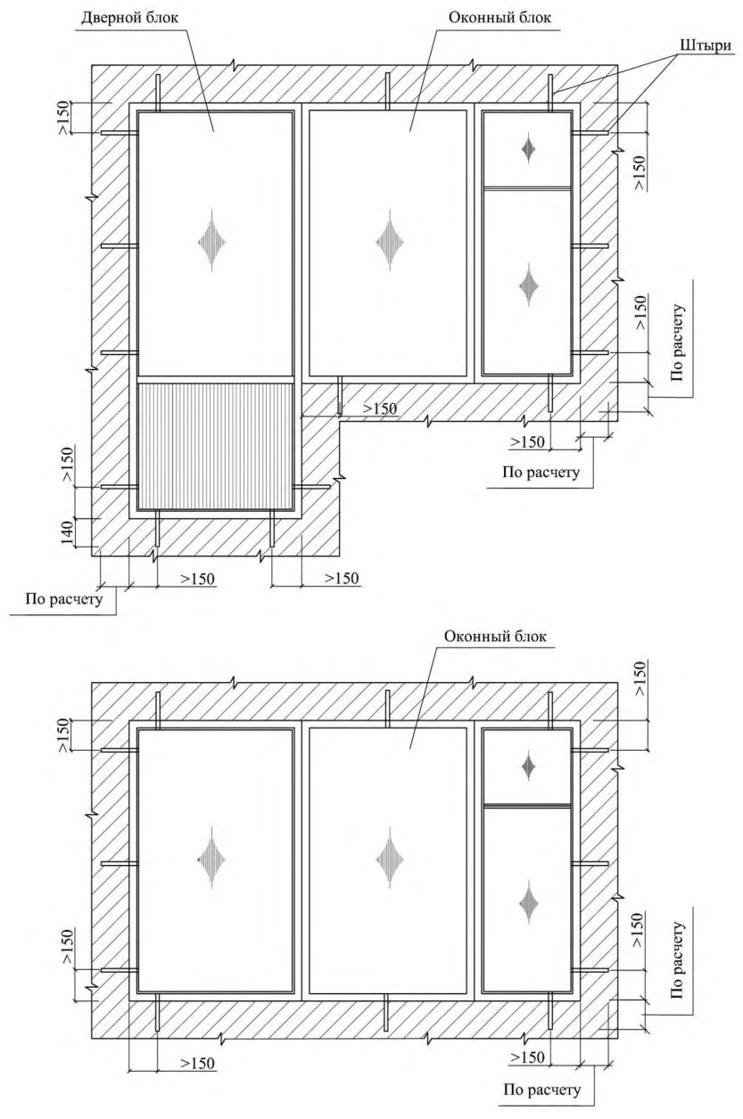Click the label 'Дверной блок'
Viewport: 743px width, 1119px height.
129,19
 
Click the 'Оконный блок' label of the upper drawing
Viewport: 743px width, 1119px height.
499,18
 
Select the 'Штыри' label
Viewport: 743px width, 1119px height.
705,45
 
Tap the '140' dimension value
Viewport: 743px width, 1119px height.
68,532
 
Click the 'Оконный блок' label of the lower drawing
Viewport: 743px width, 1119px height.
495,636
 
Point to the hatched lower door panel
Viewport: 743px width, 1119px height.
215,447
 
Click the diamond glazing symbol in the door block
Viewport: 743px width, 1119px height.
212,242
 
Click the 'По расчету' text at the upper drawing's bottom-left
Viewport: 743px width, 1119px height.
64,598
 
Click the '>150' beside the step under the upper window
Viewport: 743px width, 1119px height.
380,408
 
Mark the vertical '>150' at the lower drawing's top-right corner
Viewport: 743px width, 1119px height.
640,678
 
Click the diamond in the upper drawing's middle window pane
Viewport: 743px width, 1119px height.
389,242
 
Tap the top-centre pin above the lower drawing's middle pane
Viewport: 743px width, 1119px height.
387,709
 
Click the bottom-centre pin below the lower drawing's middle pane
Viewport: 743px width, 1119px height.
387,1012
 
